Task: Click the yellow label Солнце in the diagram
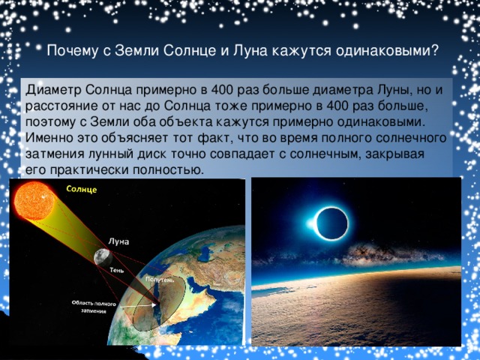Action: point(82,189)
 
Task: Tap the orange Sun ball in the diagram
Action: point(34,201)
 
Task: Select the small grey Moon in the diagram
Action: point(103,256)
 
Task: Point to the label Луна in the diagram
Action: point(118,241)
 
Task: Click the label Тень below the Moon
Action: point(117,270)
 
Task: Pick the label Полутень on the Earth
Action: point(160,280)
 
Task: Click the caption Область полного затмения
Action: point(94,307)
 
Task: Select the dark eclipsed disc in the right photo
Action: point(332,223)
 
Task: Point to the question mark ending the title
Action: point(436,50)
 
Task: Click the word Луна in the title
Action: point(250,51)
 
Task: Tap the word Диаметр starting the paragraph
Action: point(53,90)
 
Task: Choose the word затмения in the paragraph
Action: point(55,154)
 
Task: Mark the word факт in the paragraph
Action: point(213,138)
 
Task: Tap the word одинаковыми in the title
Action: point(383,51)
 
